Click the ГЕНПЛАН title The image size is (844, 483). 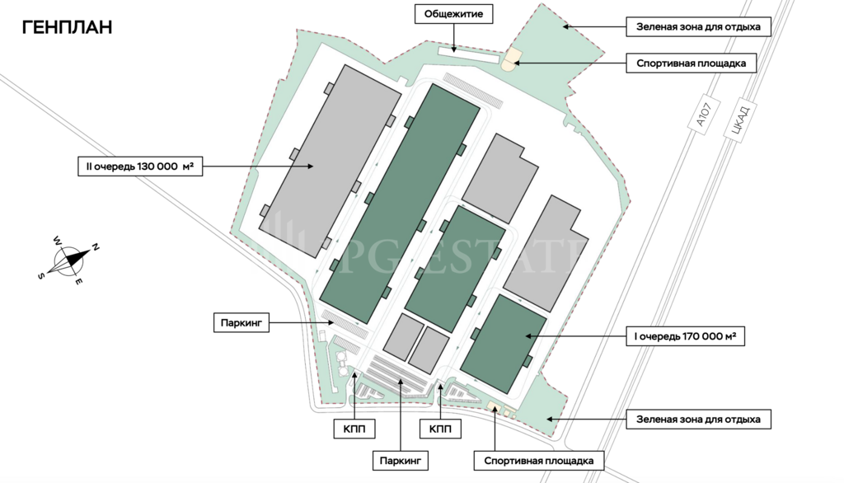tap(67, 27)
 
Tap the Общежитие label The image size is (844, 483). tap(453, 14)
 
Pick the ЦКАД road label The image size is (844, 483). tap(736, 122)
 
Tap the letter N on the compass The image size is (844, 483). tap(96, 246)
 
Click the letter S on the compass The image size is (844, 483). tap(40, 276)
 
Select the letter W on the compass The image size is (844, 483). tap(57, 241)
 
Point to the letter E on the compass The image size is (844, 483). tap(79, 283)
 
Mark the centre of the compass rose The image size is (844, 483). tap(68, 261)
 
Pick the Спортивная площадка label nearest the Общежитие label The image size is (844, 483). tap(692, 63)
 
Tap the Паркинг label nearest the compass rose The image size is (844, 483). tap(241, 323)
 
